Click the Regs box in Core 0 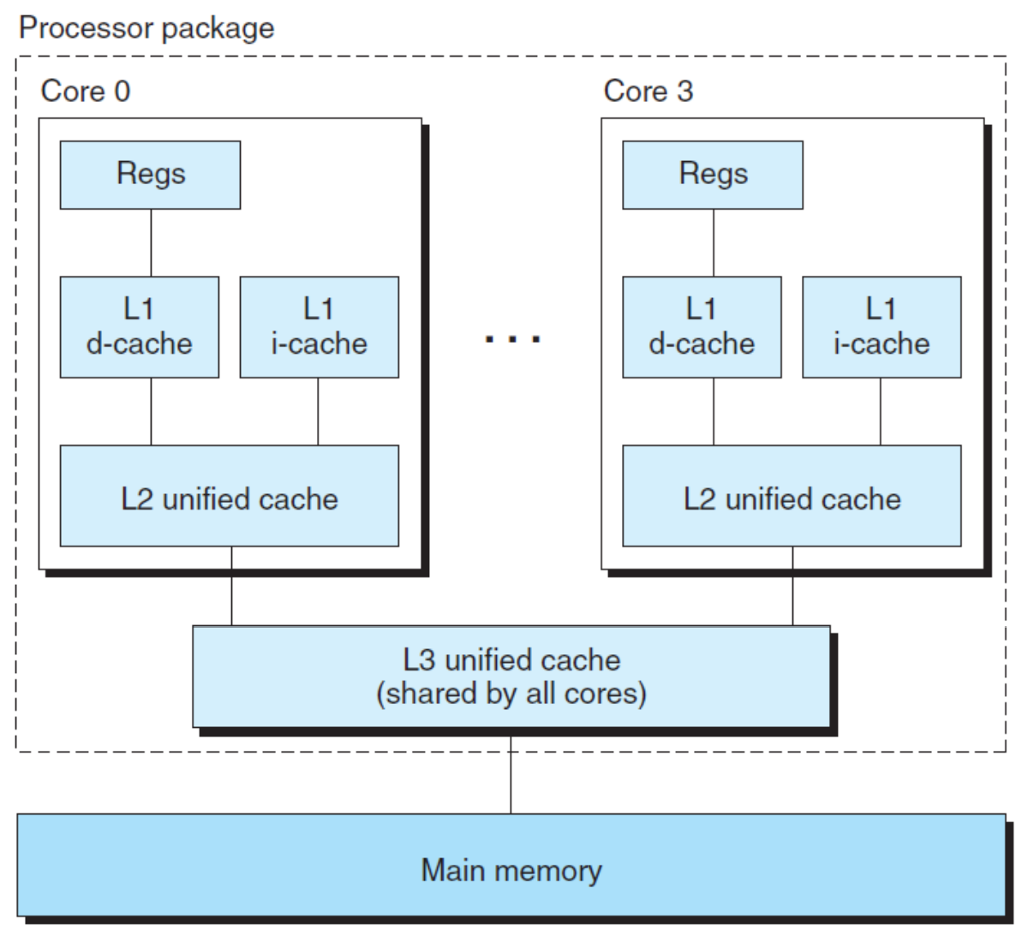coord(150,175)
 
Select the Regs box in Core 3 coord(713,175)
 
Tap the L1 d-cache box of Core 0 coord(140,327)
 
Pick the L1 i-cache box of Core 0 coord(320,327)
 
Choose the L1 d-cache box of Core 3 coord(702,327)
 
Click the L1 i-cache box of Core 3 coord(882,327)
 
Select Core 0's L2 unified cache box coord(230,496)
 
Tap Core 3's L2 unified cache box coord(792,496)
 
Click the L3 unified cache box coord(511,677)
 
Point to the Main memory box coord(511,865)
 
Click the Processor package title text coord(146,28)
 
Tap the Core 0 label coord(86,91)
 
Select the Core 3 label coord(648,91)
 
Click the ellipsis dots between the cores coord(513,339)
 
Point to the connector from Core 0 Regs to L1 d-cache coord(152,243)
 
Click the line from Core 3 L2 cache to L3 coord(792,587)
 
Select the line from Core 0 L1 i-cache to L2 coord(318,412)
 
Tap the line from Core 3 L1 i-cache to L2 coord(881,412)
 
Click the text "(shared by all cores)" coord(511,694)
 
